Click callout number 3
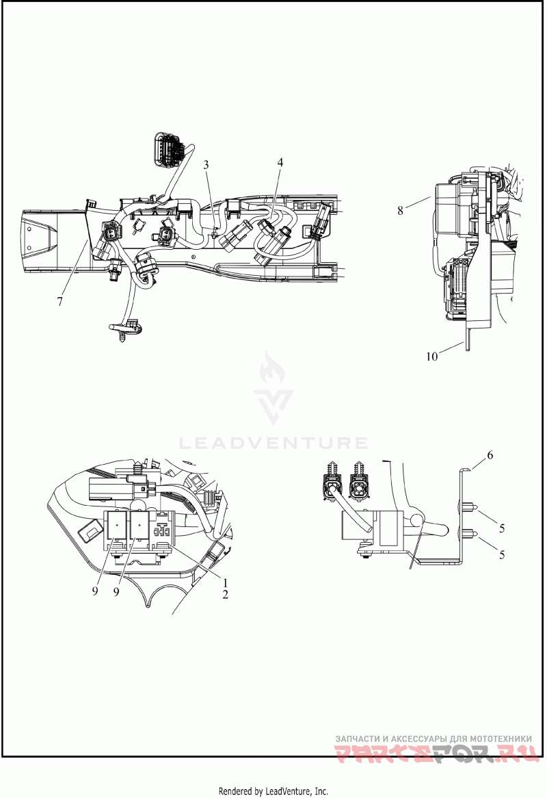[x=205, y=165]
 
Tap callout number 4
[x=280, y=162]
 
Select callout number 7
[x=60, y=302]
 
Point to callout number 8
[x=401, y=210]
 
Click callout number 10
[x=431, y=357]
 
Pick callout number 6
[x=490, y=455]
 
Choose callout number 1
[x=225, y=582]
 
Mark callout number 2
[x=225, y=595]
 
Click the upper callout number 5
[x=502, y=528]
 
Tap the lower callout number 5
[x=502, y=554]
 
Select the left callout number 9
[x=95, y=593]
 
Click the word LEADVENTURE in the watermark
[x=273, y=443]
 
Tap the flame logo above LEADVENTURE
[x=273, y=387]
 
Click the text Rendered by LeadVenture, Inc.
[x=273, y=791]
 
